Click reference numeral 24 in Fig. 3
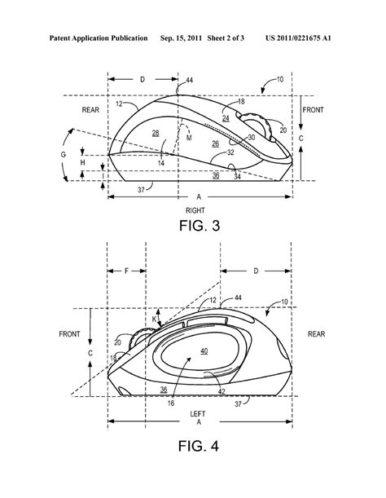click(x=226, y=118)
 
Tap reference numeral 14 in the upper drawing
click(x=161, y=163)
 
